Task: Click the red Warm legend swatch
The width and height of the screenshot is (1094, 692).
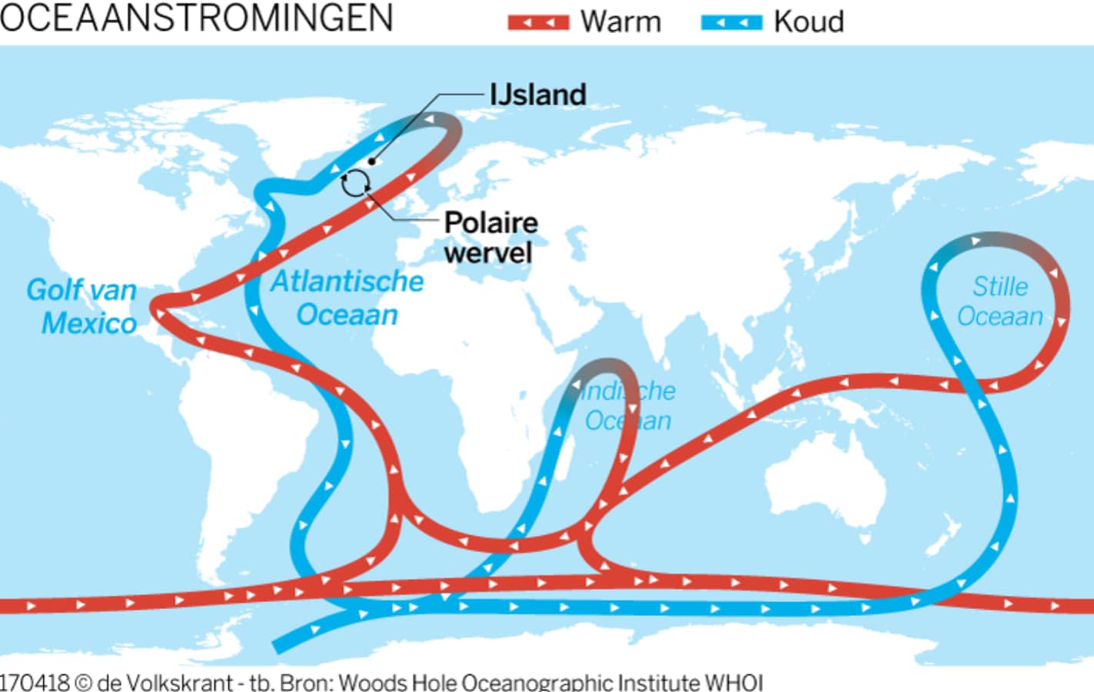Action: click(x=538, y=22)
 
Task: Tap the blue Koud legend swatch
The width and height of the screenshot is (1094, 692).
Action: click(x=731, y=22)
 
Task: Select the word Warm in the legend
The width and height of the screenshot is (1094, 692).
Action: click(x=620, y=22)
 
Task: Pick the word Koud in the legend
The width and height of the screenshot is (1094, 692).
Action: click(x=808, y=22)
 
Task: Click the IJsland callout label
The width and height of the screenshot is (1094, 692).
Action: click(x=538, y=95)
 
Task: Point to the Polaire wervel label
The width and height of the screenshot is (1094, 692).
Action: click(x=490, y=237)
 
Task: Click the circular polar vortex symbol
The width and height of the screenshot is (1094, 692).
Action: click(x=355, y=183)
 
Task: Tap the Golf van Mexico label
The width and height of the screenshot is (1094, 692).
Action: click(x=82, y=306)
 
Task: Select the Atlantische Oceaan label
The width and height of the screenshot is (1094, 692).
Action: click(x=347, y=298)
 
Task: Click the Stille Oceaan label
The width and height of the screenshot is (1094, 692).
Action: click(x=999, y=301)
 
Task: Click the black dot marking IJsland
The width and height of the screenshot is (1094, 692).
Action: click(x=372, y=161)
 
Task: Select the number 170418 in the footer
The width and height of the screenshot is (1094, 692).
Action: click(x=35, y=682)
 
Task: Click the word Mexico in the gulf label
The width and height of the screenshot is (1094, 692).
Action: click(x=89, y=323)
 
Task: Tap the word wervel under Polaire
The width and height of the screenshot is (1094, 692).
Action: click(x=487, y=253)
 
